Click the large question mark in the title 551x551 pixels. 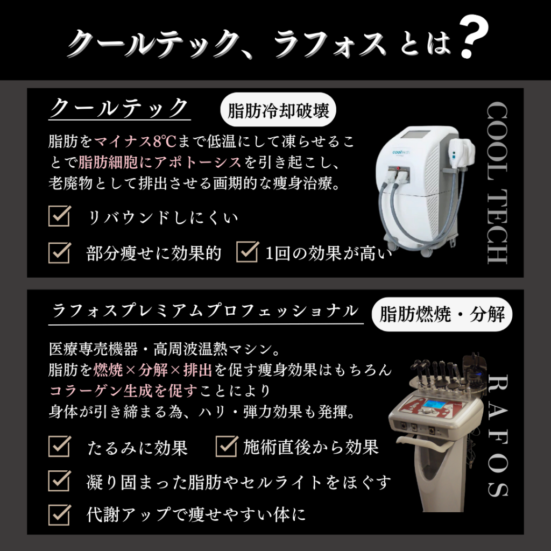click(x=474, y=39)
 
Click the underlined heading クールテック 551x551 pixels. click(x=119, y=108)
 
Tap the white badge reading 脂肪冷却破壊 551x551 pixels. click(x=278, y=111)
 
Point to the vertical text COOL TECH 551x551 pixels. click(x=496, y=183)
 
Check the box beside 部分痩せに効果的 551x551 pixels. click(x=60, y=251)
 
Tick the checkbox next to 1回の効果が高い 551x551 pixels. click(x=248, y=251)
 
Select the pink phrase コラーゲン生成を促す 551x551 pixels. click(x=124, y=391)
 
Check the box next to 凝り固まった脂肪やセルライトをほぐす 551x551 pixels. click(x=60, y=480)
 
